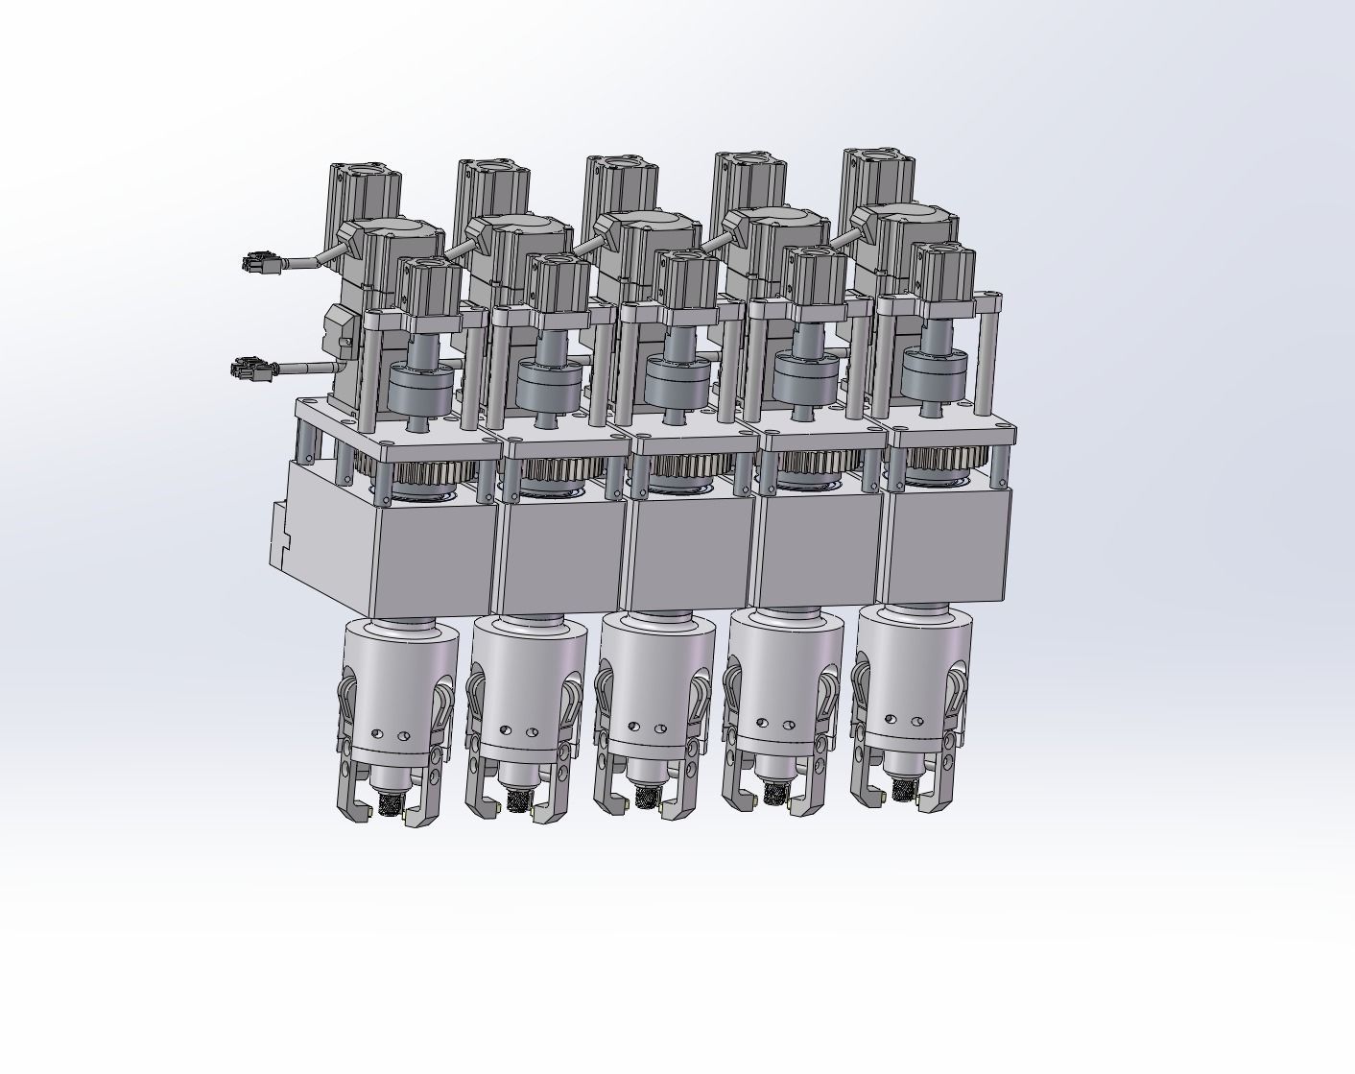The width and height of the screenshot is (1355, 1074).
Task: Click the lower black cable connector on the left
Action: pos(247,368)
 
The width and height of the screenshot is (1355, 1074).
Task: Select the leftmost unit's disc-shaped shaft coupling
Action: pos(419,390)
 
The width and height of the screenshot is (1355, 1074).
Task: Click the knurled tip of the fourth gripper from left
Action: pos(774,792)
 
